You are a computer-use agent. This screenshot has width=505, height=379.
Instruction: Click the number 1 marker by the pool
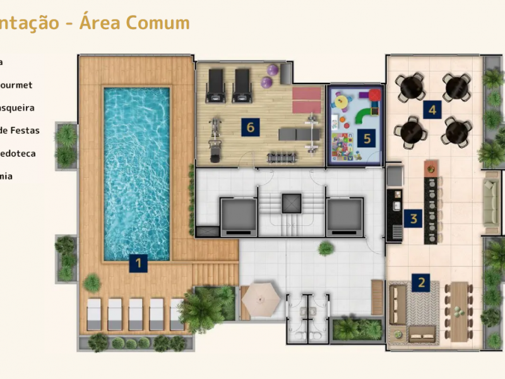point(138,263)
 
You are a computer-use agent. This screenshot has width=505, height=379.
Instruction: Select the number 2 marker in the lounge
point(421,282)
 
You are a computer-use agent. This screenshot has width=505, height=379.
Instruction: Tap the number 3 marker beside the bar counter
point(413,219)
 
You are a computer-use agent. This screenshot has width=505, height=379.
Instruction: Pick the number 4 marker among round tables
point(432,110)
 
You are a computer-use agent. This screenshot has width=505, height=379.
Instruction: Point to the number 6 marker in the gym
point(250,127)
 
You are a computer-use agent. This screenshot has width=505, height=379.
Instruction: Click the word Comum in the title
point(157,23)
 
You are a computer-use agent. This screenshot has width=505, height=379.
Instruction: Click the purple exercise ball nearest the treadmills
point(266,82)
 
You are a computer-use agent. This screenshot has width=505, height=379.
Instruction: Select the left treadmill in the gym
point(217,85)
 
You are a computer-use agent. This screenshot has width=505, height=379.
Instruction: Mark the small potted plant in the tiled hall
point(326,248)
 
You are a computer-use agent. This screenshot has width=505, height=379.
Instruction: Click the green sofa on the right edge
point(492,202)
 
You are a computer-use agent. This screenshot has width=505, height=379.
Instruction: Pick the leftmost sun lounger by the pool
point(94,314)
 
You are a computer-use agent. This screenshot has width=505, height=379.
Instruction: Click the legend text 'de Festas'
point(20,131)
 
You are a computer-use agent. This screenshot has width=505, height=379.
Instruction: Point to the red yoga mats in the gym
point(306,99)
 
